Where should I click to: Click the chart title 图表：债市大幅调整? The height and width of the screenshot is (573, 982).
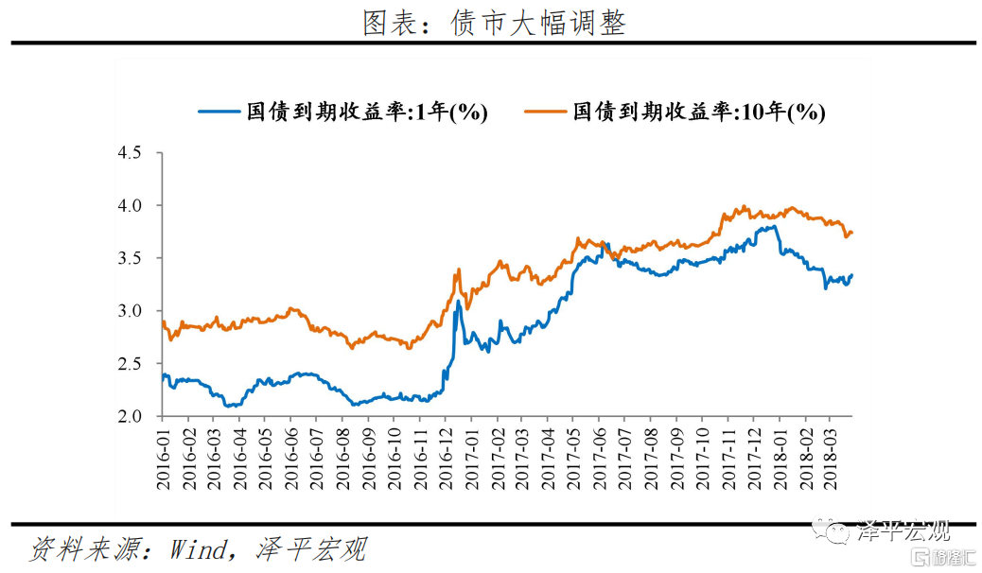(494, 21)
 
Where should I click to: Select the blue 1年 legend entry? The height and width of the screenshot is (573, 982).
(342, 113)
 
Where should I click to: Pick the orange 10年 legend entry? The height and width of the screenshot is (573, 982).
(675, 113)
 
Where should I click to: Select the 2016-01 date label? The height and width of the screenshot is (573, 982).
(163, 456)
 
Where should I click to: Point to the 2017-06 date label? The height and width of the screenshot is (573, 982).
(600, 456)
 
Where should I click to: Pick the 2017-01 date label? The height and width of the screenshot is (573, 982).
(471, 456)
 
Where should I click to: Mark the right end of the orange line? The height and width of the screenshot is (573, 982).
(852, 232)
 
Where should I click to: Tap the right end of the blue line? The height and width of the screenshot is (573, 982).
(852, 275)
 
